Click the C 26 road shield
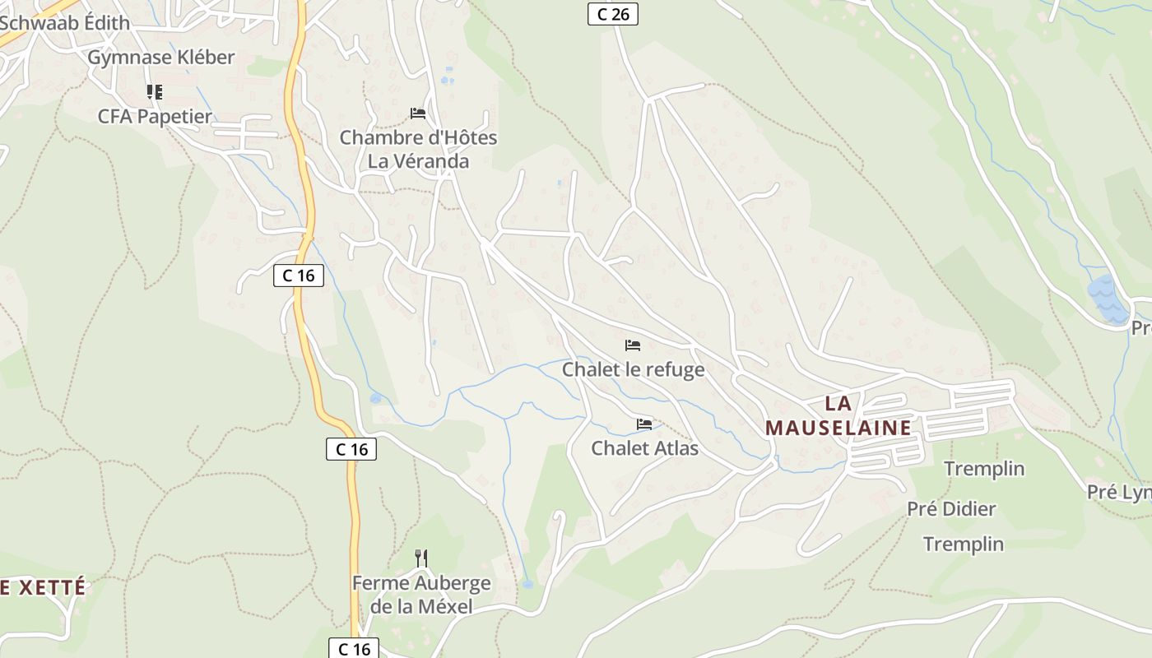613,14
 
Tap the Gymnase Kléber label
161,58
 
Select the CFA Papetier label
155,117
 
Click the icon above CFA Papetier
154,91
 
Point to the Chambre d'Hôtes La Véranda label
418,149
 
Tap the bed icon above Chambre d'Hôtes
418,113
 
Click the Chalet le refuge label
633,369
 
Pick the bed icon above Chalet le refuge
633,345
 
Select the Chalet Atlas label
644,448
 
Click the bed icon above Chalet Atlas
644,424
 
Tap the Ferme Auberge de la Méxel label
421,595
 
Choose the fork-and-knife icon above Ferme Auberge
421,558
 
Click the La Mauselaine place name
838,415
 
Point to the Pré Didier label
951,509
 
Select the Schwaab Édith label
65,23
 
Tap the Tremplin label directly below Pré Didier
963,544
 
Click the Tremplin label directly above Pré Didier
984,469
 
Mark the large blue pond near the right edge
1108,299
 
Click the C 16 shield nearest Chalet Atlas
351,449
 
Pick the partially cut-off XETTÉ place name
43,587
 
